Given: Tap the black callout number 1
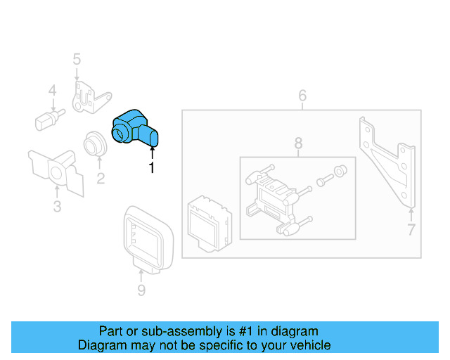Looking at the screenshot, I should tap(150, 167).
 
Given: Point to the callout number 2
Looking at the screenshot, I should tap(101, 179).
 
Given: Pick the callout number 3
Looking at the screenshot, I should tap(57, 206).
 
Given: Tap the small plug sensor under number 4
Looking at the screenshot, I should tap(49, 118).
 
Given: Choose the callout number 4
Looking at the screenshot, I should tap(52, 91).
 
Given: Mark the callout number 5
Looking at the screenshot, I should tap(77, 59).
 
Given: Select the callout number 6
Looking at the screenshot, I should tap(302, 95).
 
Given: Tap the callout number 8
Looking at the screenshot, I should tap(298, 143).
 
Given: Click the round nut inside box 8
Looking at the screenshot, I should tap(340, 170).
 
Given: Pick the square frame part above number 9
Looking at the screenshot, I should tap(148, 236).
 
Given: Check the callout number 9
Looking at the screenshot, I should tap(141, 290).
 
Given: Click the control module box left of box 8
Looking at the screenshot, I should tap(207, 221).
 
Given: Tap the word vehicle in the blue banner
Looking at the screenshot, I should tap(310, 345).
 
